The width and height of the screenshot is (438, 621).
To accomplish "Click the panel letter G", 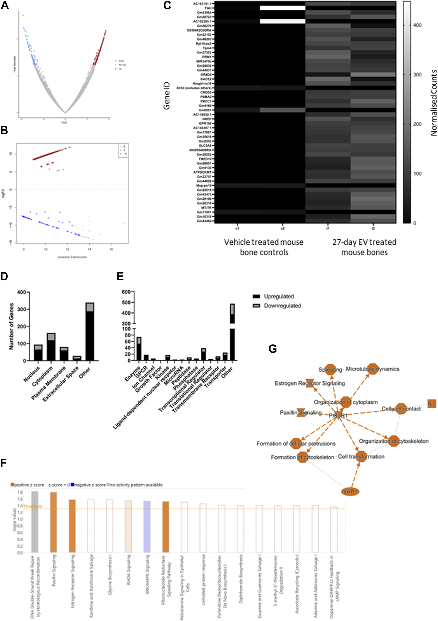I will (273, 349).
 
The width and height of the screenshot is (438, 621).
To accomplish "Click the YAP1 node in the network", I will (350, 491).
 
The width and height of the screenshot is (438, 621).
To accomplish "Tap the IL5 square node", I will (432, 403).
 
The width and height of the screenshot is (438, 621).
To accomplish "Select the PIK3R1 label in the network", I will (338, 415).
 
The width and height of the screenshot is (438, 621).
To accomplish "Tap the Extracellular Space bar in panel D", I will (77, 358).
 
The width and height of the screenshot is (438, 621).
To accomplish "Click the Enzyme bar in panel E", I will (139, 349).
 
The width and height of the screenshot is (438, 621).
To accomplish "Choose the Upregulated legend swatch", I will (256, 296).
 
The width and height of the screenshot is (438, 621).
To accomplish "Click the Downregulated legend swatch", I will (256, 306).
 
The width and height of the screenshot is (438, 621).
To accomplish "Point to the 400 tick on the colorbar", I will (417, 25).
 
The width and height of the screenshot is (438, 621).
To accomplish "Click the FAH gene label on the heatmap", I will (208, 8).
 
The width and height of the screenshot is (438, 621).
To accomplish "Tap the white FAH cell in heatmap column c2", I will (282, 8).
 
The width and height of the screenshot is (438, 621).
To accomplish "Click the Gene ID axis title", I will (167, 96).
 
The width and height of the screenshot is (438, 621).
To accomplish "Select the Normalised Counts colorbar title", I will (434, 103).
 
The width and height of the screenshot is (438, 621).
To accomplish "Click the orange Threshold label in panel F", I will (33, 506).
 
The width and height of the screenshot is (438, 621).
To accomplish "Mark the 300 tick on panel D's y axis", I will (22, 309).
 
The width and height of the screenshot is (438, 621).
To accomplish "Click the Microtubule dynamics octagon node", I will (373, 369).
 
